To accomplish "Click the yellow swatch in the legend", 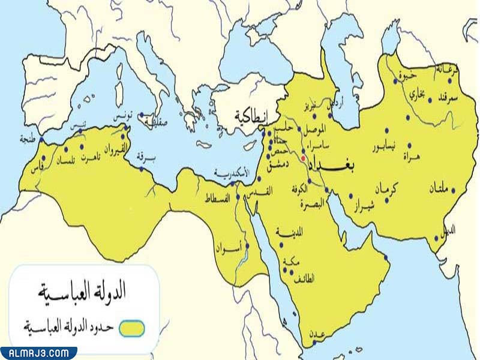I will click(132, 328).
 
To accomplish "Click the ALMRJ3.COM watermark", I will click(38, 353).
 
